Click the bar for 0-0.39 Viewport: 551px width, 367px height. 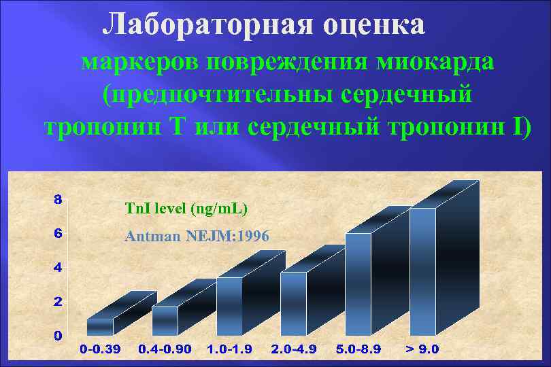(100, 326)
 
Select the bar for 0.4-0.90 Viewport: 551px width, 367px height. (165, 320)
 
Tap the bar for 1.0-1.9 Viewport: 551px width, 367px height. (229, 306)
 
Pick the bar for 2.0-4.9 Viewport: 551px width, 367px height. (293, 303)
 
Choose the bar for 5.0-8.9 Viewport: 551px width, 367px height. (358, 284)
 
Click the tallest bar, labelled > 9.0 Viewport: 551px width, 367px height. (422, 271)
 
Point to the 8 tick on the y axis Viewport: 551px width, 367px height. (59, 200)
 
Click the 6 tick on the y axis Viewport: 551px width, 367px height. (59, 233)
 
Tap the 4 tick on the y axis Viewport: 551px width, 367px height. (59, 267)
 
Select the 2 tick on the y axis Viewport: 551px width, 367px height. (59, 301)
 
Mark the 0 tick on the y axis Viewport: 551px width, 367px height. (59, 335)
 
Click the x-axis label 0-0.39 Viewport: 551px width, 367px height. (100, 349)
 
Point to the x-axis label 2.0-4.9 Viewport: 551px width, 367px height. (294, 349)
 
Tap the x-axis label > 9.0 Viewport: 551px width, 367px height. (422, 349)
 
